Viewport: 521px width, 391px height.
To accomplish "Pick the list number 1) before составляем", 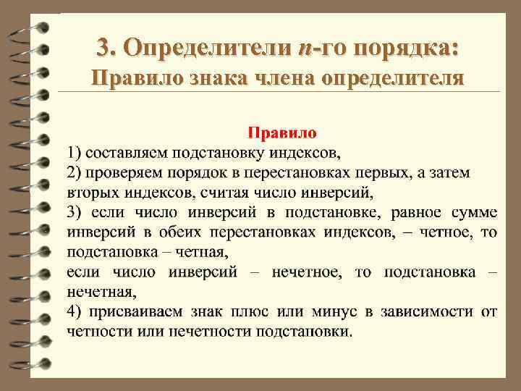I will pyautogui.click(x=74, y=152).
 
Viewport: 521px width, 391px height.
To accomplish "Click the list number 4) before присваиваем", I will pyautogui.click(x=74, y=312).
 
